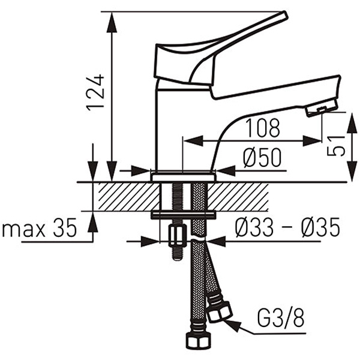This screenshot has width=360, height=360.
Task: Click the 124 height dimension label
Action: [x=95, y=92]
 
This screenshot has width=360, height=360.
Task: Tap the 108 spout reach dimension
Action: [x=263, y=128]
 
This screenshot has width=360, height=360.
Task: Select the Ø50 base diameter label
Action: [x=262, y=158]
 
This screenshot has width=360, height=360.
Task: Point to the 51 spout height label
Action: [x=336, y=146]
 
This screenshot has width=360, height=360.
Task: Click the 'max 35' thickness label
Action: [x=39, y=227]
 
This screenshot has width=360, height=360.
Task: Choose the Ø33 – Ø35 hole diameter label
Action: [x=287, y=227]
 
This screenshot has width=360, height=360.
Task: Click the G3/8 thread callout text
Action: [x=281, y=319]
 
